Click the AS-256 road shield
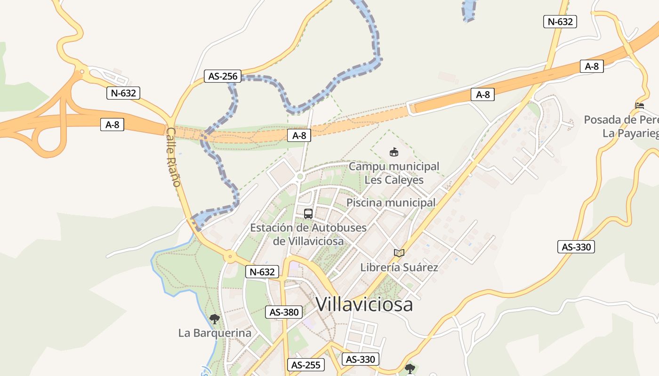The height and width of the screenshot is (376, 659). (223, 76)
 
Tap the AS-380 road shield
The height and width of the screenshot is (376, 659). (283, 312)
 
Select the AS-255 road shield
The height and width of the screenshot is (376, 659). (305, 365)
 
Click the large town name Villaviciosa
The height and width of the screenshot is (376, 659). (364, 304)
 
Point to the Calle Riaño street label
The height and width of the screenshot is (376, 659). (173, 157)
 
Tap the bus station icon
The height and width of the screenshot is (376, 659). (308, 214)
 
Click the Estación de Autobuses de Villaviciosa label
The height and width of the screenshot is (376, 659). (308, 234)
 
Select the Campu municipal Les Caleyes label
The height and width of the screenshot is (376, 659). (394, 173)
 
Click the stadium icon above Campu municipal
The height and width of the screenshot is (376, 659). (394, 152)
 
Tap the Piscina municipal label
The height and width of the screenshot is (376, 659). (391, 203)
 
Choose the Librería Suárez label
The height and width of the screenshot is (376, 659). (399, 267)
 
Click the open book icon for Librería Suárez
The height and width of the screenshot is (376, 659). (399, 253)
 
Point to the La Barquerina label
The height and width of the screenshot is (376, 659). (215, 333)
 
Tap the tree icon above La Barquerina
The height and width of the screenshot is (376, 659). (215, 319)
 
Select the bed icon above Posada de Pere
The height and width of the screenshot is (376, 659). (639, 106)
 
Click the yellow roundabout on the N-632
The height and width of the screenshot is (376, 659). (230, 257)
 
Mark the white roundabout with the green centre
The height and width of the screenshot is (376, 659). (300, 177)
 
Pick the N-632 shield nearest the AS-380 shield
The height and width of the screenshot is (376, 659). (262, 272)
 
